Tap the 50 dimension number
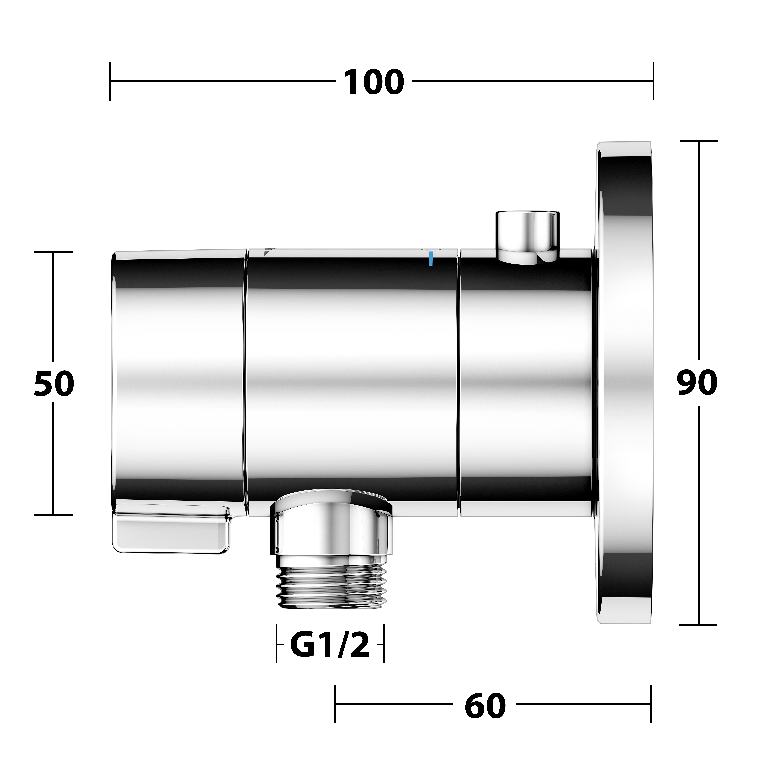point(54,384)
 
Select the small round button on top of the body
point(528,237)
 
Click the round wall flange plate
point(624,383)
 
